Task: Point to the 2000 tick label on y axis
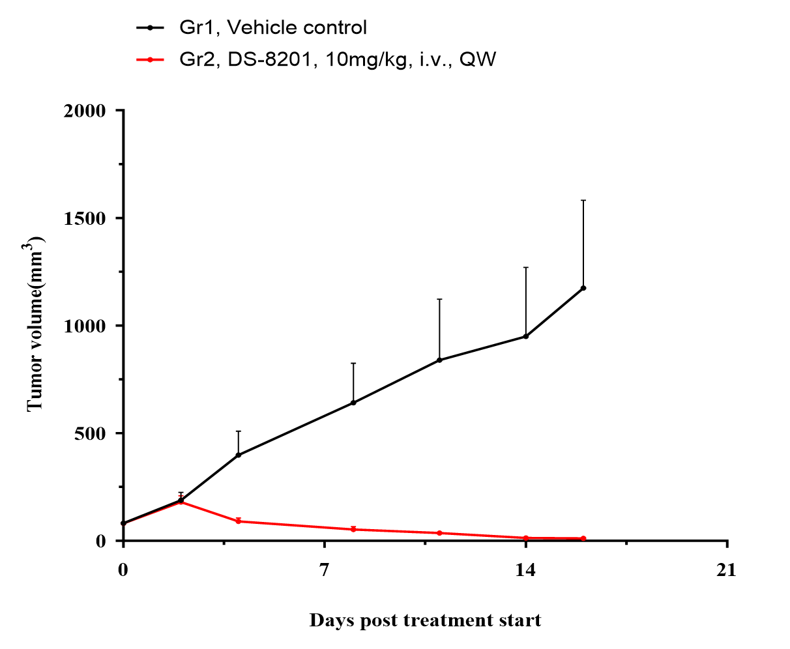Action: click(84, 111)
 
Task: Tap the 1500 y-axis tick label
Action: click(84, 218)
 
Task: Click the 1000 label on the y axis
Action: click(84, 326)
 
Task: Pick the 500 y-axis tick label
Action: click(90, 433)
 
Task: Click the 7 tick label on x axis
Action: click(324, 571)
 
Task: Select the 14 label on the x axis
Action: click(525, 571)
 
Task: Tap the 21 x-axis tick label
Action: click(726, 571)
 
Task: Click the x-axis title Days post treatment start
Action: click(425, 620)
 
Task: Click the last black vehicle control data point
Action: click(583, 288)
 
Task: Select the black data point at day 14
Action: click(525, 336)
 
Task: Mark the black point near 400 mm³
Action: click(239, 455)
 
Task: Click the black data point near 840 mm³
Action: click(439, 360)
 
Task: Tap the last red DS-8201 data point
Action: click(583, 538)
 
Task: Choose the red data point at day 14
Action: click(525, 538)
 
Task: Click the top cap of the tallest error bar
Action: click(583, 200)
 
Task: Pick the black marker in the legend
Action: click(150, 28)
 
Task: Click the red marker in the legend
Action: click(150, 60)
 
